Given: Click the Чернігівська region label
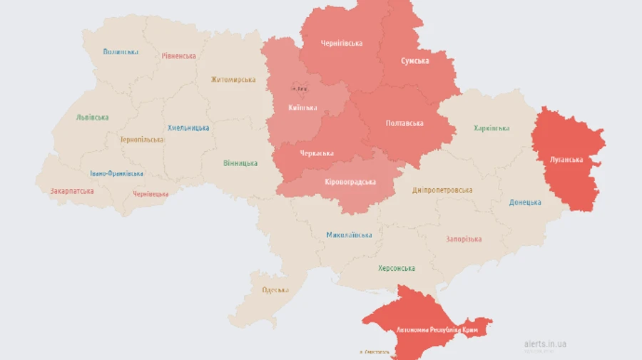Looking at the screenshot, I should point(340,43).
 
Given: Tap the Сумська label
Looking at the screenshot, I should point(414,61).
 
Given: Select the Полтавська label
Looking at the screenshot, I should point(404,123).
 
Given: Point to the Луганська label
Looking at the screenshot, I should point(567,160).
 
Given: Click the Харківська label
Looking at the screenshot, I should point(491,128).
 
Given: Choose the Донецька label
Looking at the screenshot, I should point(525,202).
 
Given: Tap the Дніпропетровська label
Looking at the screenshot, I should point(442,190).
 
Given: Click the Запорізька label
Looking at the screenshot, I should point(464,240).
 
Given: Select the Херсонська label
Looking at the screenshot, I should point(397,268).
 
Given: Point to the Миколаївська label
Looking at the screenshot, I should point(349,235).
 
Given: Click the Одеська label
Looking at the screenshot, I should point(275,289).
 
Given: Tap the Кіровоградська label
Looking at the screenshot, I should point(350,182).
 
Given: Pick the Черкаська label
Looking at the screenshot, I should point(316,153).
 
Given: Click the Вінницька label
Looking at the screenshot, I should point(240,163).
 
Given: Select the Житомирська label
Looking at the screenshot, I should point(233,79).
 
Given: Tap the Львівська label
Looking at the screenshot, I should point(92,118).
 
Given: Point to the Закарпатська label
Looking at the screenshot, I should point(72,191).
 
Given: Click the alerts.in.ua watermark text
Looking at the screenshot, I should point(545,344).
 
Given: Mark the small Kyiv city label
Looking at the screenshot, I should point(300,88).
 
